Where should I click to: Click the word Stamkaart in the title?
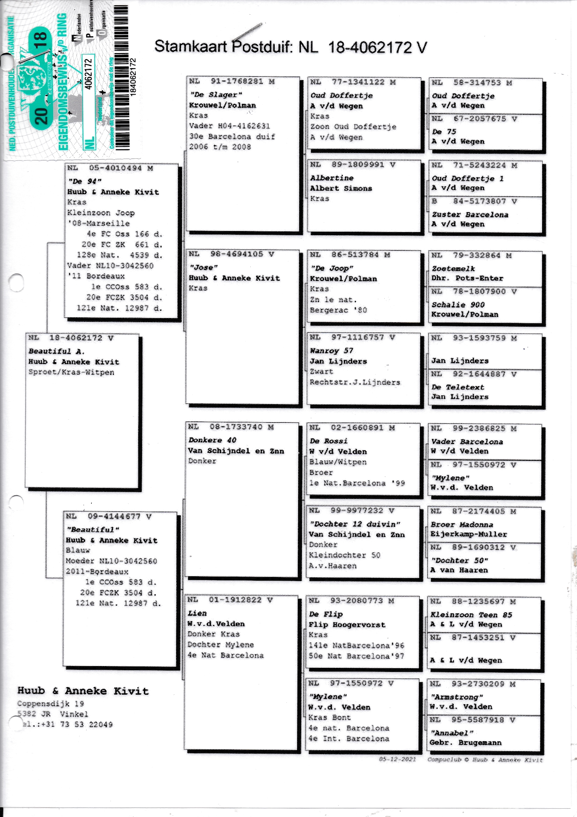pyautogui.click(x=190, y=47)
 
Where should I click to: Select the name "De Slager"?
pyautogui.click(x=216, y=95)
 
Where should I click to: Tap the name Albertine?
pyautogui.click(x=332, y=178)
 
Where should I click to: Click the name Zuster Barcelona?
pyautogui.click(x=469, y=215)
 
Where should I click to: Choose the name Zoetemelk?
pyautogui.click(x=453, y=269)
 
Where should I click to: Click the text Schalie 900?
pyautogui.click(x=458, y=305)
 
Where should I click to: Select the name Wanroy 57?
pyautogui.click(x=331, y=351)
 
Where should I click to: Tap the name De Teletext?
pyautogui.click(x=458, y=387)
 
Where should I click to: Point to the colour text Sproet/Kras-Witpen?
pyautogui.click(x=71, y=372)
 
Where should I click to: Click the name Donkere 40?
pyautogui.click(x=212, y=440)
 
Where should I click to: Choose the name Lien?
pyautogui.click(x=197, y=614)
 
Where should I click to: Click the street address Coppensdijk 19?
pyautogui.click(x=50, y=703)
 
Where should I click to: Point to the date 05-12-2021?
pyautogui.click(x=397, y=759)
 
